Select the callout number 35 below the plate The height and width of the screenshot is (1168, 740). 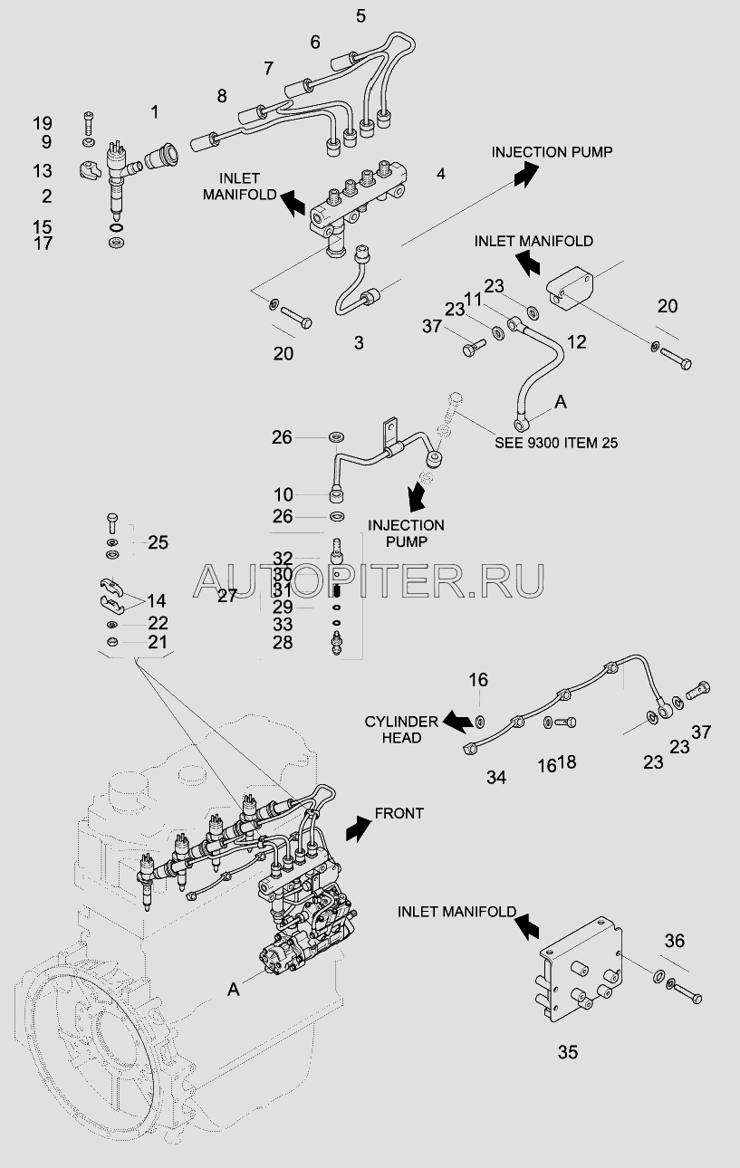tap(567, 1052)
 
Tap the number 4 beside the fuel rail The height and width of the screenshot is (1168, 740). tap(441, 173)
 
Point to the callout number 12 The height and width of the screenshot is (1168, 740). tap(576, 341)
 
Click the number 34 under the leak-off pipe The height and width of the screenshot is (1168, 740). tap(496, 777)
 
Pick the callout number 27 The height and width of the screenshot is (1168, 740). tap(226, 595)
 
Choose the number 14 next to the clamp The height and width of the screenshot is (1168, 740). tap(156, 599)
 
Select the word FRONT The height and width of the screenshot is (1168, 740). tap(399, 813)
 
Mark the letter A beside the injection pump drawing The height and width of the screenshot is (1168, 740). tap(234, 991)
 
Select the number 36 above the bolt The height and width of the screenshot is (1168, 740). tap(674, 941)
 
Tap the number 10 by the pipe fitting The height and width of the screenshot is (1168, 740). tap(283, 494)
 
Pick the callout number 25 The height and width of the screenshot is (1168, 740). tap(158, 542)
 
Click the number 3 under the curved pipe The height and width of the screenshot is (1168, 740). tap(359, 342)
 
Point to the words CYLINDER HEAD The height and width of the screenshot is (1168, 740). tap(401, 730)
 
